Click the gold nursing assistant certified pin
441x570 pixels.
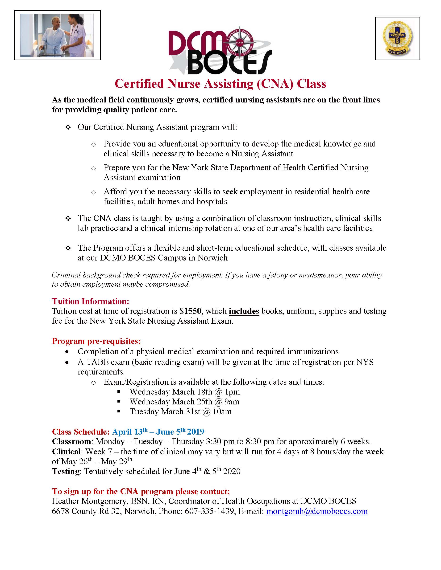coord(398,39)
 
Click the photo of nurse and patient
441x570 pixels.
coord(57,35)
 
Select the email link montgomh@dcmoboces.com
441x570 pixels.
coord(317,511)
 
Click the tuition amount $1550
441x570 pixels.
coord(191,311)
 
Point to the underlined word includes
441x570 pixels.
coord(244,311)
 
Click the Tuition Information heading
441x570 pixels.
coord(90,301)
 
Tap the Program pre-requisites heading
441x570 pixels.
coord(96,341)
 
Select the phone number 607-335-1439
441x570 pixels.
coord(209,511)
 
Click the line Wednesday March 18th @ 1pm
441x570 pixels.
coord(185,391)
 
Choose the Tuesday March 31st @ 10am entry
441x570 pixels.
coord(181,411)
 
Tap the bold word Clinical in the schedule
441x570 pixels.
coord(66,452)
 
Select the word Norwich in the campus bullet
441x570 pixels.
coord(212,258)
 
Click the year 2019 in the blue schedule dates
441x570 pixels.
coord(196,432)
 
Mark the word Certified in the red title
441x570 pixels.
coord(139,84)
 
